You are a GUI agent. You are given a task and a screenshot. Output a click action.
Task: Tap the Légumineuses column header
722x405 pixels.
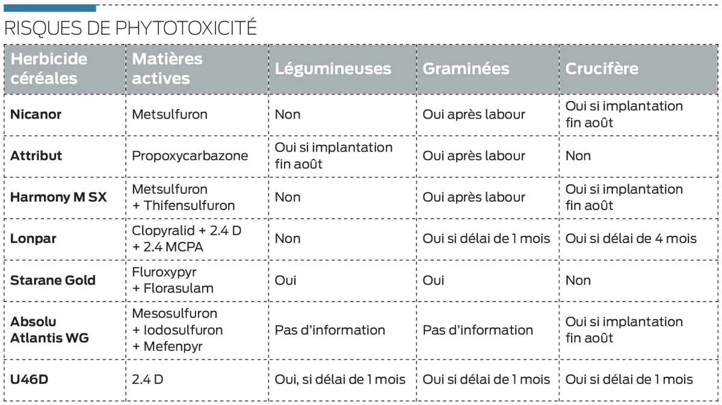333,69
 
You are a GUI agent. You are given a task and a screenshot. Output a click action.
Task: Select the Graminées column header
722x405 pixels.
466,69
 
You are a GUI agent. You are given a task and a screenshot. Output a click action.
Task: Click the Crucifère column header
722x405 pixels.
602,69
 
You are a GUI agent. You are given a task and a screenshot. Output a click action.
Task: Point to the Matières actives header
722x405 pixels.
167,69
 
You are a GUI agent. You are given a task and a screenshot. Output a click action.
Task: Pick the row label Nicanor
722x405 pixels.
36,114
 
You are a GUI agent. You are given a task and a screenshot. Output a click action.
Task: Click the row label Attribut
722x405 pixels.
36,156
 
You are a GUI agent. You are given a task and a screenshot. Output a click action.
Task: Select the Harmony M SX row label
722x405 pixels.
58,197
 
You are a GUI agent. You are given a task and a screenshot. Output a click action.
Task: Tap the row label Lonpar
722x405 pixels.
33,238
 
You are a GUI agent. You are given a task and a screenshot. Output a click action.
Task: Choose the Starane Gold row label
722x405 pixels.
53,280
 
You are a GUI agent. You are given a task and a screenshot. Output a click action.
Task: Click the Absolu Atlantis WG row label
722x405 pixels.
49,330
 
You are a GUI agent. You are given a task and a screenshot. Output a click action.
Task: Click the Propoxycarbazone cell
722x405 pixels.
190,156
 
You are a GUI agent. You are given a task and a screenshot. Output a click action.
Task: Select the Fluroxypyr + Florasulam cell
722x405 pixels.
173,280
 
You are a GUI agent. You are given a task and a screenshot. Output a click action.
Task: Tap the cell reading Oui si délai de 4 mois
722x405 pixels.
631,239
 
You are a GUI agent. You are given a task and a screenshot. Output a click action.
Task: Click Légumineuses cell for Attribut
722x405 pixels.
333,156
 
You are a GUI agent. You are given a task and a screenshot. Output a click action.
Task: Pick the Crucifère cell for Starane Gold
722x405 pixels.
578,280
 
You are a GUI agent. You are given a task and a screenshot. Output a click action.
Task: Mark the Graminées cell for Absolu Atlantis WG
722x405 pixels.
478,330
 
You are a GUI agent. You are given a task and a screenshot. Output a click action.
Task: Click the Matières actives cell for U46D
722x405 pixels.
147,380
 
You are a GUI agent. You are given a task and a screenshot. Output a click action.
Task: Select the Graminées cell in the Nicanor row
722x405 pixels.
474,114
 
